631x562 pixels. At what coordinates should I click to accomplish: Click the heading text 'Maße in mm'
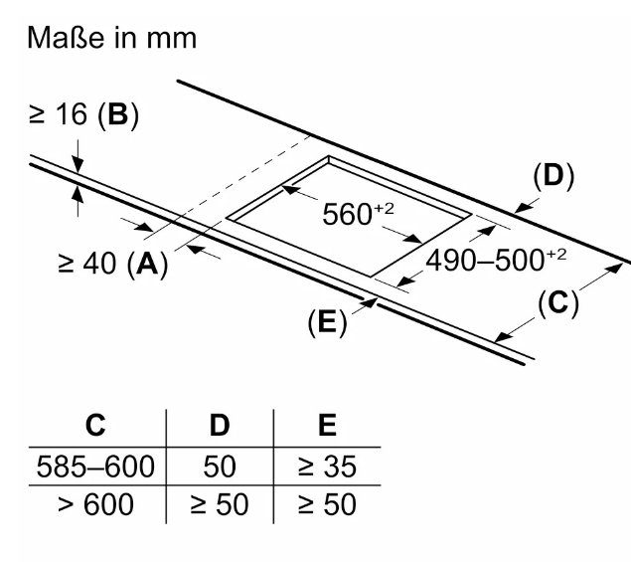(x=112, y=38)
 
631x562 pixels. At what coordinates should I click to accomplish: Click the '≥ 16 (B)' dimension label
(x=83, y=114)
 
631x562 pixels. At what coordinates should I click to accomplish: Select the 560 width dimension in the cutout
(x=358, y=214)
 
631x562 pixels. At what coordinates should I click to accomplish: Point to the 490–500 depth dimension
(x=496, y=260)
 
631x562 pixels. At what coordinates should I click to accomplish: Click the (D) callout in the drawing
(x=553, y=176)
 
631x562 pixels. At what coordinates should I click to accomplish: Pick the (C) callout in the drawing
(x=558, y=303)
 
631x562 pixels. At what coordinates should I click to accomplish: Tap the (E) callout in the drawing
(x=327, y=322)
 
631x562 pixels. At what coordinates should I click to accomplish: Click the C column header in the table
(x=95, y=425)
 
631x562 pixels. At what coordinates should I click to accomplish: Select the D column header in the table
(x=220, y=425)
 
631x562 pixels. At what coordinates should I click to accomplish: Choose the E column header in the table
(x=327, y=425)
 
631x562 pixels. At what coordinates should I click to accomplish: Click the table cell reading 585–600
(x=95, y=467)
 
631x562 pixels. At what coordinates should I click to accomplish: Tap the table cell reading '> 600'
(x=95, y=504)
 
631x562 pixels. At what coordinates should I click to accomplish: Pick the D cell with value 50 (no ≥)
(x=220, y=467)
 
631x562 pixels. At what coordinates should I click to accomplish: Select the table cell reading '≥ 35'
(x=327, y=467)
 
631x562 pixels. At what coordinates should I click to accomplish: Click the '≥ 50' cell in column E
(x=327, y=504)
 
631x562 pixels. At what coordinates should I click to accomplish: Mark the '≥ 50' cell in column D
(x=220, y=504)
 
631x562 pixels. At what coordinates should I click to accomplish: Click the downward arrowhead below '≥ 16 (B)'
(x=78, y=165)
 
